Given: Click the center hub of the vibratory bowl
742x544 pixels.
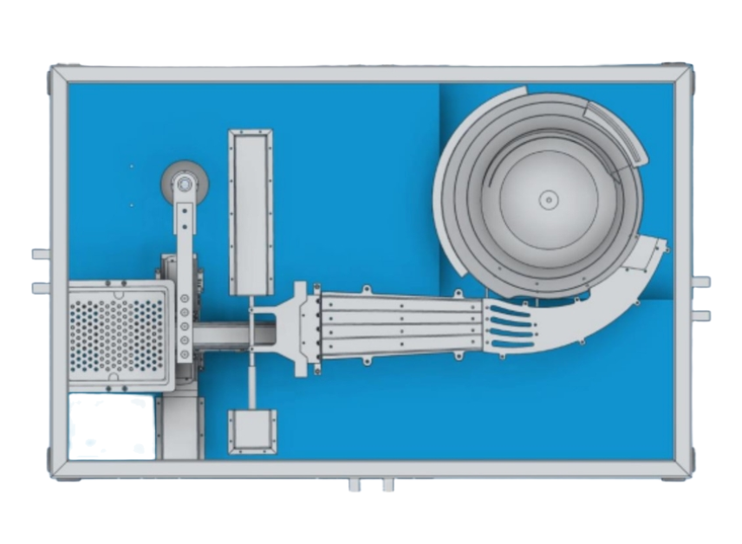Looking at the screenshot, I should [x=548, y=199].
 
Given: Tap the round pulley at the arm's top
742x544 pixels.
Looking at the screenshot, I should [x=184, y=183].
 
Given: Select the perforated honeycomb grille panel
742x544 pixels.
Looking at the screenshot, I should [x=116, y=334].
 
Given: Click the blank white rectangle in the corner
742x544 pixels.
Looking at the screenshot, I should [x=111, y=426].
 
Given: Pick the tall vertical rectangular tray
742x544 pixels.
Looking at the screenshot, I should [x=251, y=212].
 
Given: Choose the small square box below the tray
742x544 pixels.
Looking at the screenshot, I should [x=252, y=431].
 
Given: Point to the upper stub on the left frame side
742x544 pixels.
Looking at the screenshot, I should [x=41, y=255].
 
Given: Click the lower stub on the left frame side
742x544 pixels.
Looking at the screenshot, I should [x=41, y=288].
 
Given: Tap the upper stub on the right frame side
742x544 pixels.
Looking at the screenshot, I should [x=701, y=282].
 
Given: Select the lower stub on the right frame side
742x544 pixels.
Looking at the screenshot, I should [x=701, y=315].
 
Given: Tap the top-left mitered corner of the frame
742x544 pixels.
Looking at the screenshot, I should [x=59, y=74].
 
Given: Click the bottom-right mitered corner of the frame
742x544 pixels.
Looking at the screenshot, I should [x=682, y=469].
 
